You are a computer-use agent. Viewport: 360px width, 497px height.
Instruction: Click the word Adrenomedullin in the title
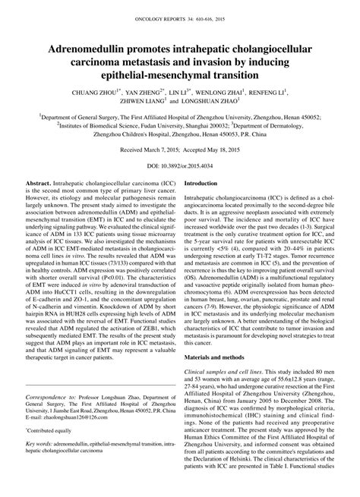point(84,49)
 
